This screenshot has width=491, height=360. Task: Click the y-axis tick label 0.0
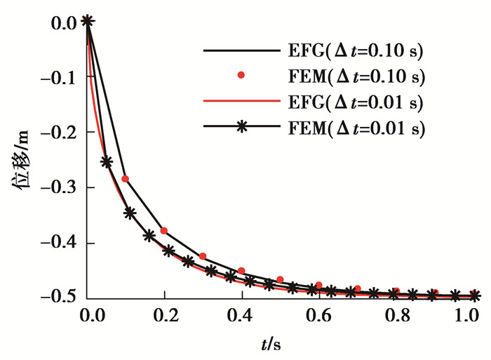65,23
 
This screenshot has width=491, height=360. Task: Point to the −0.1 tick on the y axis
61,78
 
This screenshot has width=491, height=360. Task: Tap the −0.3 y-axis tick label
61,188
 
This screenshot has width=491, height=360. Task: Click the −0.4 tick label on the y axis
61,244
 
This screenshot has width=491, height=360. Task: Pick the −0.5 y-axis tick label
61,298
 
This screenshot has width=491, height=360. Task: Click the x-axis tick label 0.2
165,316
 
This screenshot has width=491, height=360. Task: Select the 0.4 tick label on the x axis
242,316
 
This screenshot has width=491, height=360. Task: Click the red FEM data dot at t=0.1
126,179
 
